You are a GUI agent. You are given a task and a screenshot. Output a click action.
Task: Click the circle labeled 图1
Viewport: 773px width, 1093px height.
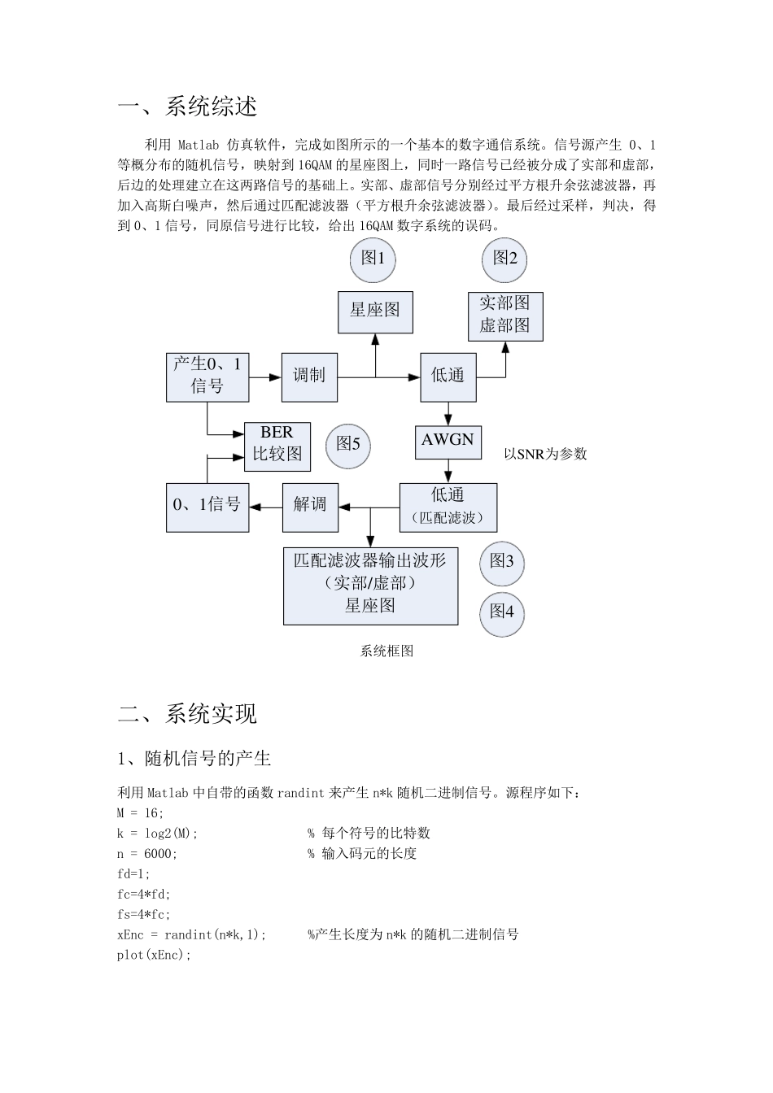click(x=373, y=259)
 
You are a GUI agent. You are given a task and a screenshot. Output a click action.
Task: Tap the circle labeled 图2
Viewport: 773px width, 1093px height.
click(x=504, y=259)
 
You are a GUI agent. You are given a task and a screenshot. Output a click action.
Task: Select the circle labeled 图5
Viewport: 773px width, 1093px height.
click(x=347, y=444)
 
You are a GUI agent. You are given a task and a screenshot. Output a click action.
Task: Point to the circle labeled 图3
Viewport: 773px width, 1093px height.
click(x=501, y=563)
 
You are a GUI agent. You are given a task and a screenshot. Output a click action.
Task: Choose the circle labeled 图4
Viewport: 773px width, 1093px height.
click(x=501, y=612)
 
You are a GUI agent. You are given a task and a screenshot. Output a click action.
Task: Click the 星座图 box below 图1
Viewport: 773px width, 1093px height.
click(x=375, y=311)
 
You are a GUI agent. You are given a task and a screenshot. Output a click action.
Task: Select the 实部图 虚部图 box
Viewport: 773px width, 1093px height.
click(x=504, y=316)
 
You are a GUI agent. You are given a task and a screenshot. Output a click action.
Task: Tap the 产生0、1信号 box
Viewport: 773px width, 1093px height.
click(x=207, y=376)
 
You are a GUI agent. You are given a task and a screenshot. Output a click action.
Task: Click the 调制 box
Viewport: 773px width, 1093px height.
click(x=309, y=377)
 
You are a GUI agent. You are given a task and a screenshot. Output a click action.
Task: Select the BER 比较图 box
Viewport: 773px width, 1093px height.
click(x=277, y=446)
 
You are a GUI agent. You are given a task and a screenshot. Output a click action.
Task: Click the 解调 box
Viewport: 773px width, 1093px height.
click(x=309, y=507)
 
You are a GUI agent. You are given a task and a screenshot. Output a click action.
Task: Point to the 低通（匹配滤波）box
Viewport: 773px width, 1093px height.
click(x=448, y=507)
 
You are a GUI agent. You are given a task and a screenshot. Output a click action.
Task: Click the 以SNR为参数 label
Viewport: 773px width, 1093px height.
click(x=545, y=455)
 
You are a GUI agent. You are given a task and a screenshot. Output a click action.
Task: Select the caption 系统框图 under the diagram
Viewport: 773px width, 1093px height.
click(x=386, y=651)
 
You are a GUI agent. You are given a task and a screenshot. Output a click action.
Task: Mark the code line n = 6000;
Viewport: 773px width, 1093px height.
click(x=147, y=854)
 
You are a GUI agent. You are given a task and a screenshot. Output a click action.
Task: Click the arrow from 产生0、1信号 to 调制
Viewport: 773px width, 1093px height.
click(x=264, y=377)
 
